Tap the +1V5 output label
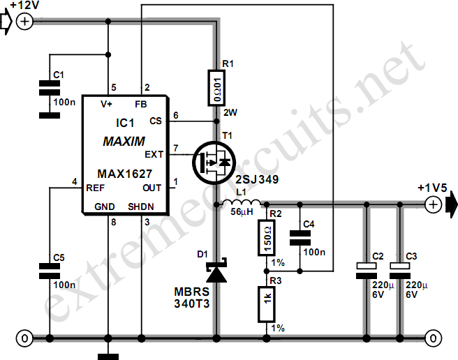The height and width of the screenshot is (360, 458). click(x=431, y=188)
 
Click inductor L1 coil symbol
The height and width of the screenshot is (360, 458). click(x=242, y=204)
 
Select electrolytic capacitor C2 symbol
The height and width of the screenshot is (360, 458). click(x=364, y=269)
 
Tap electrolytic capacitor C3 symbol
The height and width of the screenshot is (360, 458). click(x=401, y=269)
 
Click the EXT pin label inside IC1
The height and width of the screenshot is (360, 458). click(x=153, y=153)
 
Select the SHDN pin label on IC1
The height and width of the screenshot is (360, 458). click(x=142, y=206)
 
